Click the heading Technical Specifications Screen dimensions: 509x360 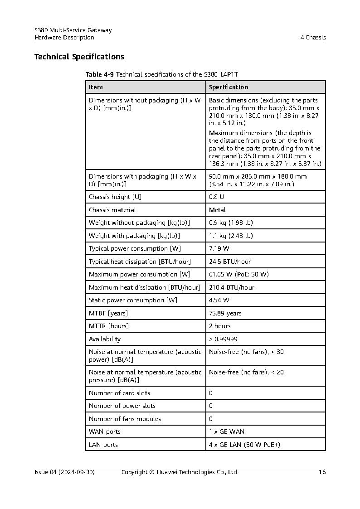click(79, 57)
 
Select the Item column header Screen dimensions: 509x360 click(96, 87)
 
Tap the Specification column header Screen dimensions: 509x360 click(229, 87)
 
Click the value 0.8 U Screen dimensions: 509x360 click(216, 197)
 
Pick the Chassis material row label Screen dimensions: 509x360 click(112, 210)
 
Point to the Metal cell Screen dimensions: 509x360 click(217, 210)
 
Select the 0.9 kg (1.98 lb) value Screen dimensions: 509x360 click(231, 223)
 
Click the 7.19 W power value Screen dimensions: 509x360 click(219, 248)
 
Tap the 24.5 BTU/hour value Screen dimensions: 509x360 click(229, 262)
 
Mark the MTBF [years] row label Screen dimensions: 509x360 click(108, 313)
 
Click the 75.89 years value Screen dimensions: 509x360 click(225, 313)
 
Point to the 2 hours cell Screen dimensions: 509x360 click(219, 326)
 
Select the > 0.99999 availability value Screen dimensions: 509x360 click(223, 339)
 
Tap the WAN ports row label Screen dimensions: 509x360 click(104, 431)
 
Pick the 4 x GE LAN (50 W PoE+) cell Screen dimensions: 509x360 click(244, 445)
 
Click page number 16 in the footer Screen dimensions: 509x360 click(322, 472)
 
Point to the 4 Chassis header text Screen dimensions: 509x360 click(313, 38)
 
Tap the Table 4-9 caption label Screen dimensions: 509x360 click(99, 74)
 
